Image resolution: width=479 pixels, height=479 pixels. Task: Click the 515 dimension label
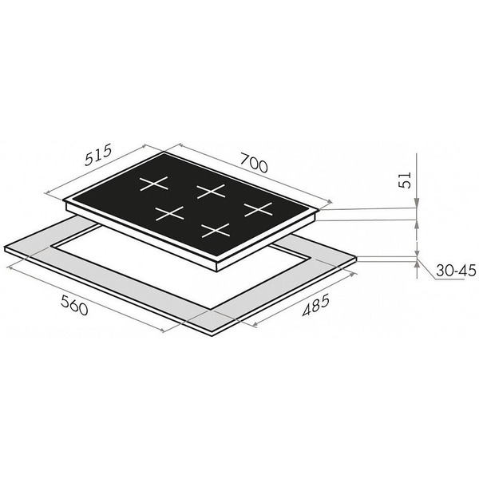(99, 155)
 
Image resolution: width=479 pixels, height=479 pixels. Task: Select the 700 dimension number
(254, 162)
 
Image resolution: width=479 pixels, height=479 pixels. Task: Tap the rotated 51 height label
(406, 180)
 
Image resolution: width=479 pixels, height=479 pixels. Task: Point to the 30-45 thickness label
(456, 271)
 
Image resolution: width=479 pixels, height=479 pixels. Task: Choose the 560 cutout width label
(74, 305)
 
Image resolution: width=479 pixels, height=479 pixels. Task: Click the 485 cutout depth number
(316, 305)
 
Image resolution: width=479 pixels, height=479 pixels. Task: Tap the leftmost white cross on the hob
(154, 184)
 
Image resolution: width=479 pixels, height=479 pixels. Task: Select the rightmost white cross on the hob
(258, 209)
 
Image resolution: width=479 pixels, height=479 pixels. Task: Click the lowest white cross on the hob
(216, 231)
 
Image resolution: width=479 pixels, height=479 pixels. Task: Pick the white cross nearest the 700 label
(211, 192)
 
